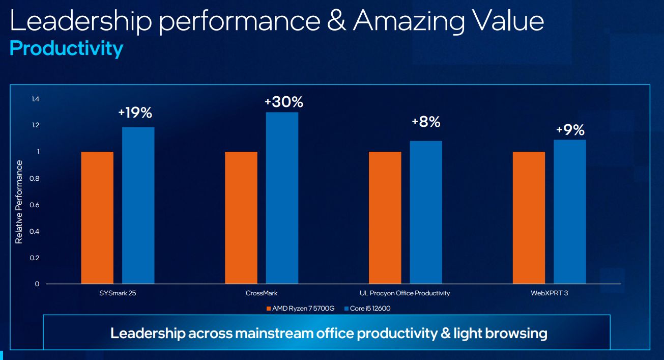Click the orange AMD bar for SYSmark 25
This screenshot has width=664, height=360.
point(97,217)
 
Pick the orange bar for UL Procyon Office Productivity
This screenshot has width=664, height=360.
point(385,217)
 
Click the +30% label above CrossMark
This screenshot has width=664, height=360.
point(283,102)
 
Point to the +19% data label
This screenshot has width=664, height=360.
point(135,113)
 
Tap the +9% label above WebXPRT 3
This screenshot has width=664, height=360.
point(570,130)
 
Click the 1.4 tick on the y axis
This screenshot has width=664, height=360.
point(35,99)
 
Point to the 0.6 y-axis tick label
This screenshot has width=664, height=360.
point(35,205)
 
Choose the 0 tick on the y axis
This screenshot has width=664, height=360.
point(37,284)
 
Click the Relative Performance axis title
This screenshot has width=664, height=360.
point(19,202)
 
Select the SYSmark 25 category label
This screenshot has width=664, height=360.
point(118,293)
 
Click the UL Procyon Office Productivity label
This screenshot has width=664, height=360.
point(405,293)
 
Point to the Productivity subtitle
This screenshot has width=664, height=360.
point(66,48)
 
